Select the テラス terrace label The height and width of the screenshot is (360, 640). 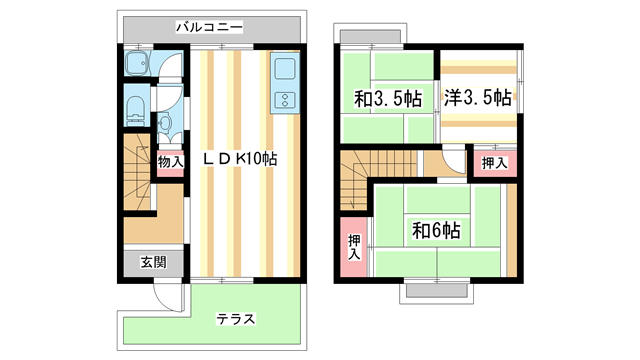click(x=236, y=320)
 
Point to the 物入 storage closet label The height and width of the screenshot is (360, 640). click(x=170, y=161)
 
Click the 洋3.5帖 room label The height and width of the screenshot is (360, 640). click(x=477, y=98)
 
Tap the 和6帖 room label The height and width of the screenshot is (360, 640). click(x=436, y=230)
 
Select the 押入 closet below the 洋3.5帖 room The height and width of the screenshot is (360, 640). click(x=494, y=162)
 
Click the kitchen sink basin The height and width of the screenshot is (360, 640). click(x=281, y=71)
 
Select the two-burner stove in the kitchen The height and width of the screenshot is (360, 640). click(x=282, y=101)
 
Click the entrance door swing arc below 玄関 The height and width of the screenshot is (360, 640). click(x=164, y=295)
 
